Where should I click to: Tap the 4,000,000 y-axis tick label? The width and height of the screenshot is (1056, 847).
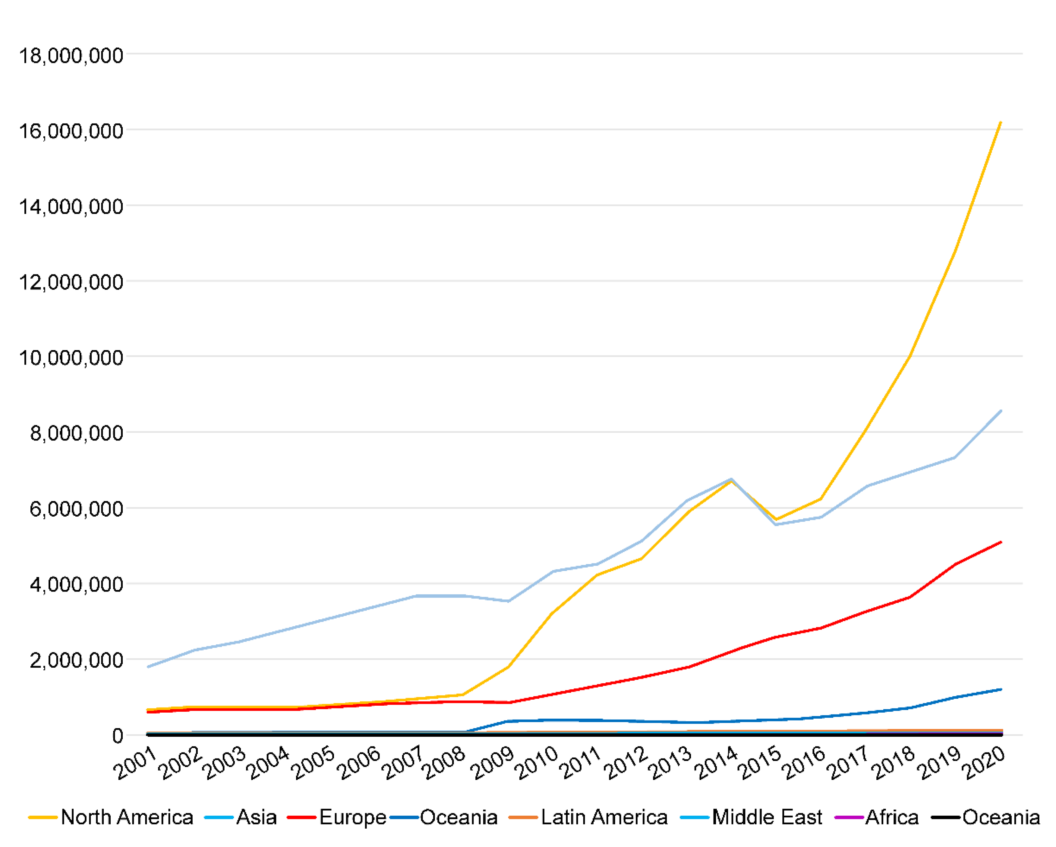tap(76, 585)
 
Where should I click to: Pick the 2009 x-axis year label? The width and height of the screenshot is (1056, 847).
tap(491, 764)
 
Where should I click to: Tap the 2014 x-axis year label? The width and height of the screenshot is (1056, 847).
tap(715, 764)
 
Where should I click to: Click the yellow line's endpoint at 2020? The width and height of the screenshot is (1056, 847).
tap(1000, 122)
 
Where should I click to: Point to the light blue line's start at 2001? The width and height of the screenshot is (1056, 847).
tap(148, 667)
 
